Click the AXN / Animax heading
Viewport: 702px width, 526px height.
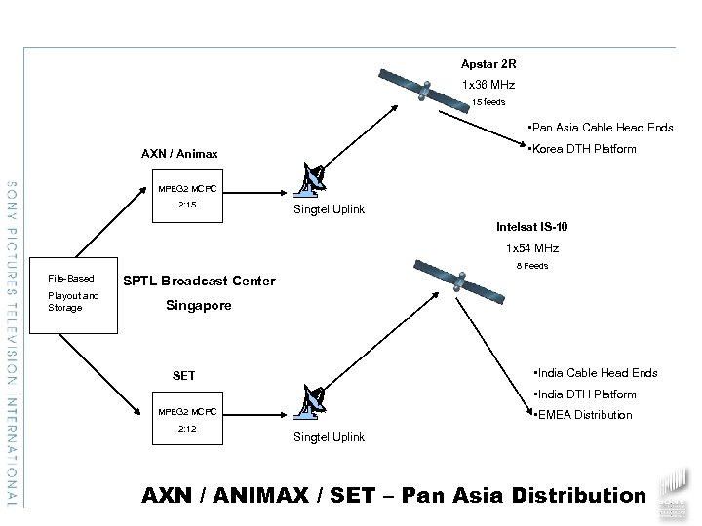tap(179, 154)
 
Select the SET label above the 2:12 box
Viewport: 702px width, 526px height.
tap(183, 376)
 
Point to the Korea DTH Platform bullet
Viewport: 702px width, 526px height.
tap(580, 149)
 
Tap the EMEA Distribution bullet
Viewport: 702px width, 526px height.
tap(582, 415)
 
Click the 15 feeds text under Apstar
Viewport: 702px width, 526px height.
tap(488, 101)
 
